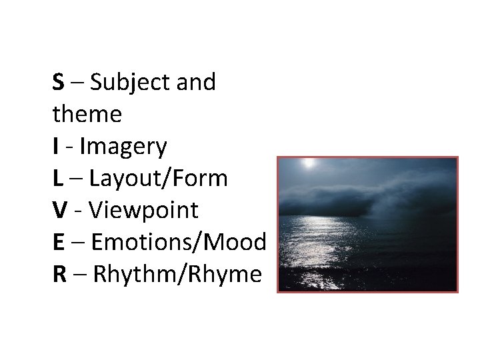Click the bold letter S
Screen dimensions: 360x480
(59, 83)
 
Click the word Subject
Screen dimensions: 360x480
(121, 83)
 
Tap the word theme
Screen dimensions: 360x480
(87, 115)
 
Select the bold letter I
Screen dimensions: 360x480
(55, 147)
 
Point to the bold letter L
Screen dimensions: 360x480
(58, 179)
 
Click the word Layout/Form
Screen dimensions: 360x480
(159, 179)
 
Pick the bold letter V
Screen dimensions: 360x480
(60, 210)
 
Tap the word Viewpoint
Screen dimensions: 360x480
(143, 210)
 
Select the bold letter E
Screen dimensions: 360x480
(59, 242)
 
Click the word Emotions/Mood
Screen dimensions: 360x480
(179, 242)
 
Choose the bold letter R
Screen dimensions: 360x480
(59, 274)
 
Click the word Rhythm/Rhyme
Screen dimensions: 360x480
(177, 274)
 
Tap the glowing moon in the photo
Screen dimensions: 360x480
(307, 162)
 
